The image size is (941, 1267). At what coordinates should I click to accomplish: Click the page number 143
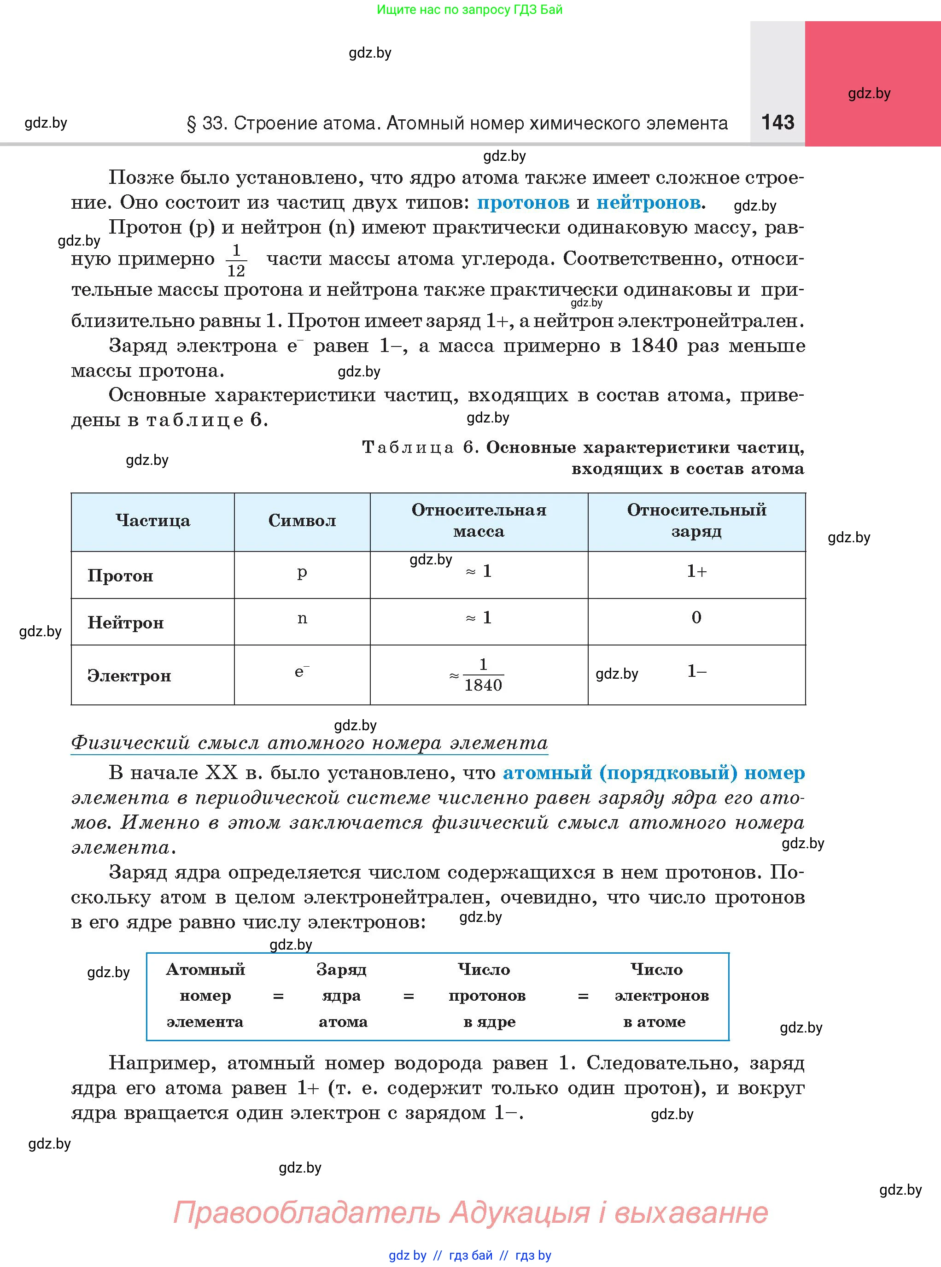tap(777, 122)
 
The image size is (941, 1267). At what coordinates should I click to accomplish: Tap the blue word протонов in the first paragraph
tap(523, 202)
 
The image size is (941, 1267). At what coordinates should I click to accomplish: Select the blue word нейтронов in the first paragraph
tap(648, 202)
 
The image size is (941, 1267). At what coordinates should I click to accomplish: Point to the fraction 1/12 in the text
tap(236, 260)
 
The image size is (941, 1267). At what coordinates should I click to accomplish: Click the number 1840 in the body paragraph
tap(654, 346)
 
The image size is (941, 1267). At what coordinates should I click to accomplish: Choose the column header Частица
tap(152, 521)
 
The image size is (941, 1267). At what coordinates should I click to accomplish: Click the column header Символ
tap(302, 521)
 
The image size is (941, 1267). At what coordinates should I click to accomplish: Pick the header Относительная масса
tap(479, 521)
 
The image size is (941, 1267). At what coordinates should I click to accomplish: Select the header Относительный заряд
tap(696, 521)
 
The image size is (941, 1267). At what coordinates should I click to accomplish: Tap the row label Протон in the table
tap(120, 576)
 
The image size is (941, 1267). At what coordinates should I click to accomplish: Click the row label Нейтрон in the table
tap(125, 623)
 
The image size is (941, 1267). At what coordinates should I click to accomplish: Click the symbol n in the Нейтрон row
tap(302, 619)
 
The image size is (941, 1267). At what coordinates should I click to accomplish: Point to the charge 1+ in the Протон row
tap(696, 571)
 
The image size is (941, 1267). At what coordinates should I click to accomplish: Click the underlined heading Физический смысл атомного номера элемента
tap(310, 743)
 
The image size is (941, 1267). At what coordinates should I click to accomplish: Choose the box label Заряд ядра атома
tap(342, 996)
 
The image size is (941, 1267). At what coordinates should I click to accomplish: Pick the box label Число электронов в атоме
tap(661, 996)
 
